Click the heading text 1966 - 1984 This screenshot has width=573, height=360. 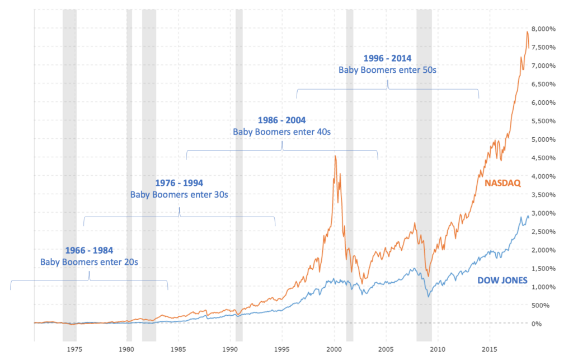(x=89, y=250)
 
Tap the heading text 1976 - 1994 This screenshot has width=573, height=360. (x=179, y=183)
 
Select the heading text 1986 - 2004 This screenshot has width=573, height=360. (x=282, y=120)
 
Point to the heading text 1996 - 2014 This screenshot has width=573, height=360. (x=387, y=58)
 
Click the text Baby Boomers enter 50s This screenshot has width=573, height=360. (x=387, y=70)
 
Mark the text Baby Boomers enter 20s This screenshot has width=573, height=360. (x=89, y=261)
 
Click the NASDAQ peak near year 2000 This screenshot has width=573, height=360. (x=335, y=157)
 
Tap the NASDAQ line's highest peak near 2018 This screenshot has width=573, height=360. (x=527, y=32)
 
